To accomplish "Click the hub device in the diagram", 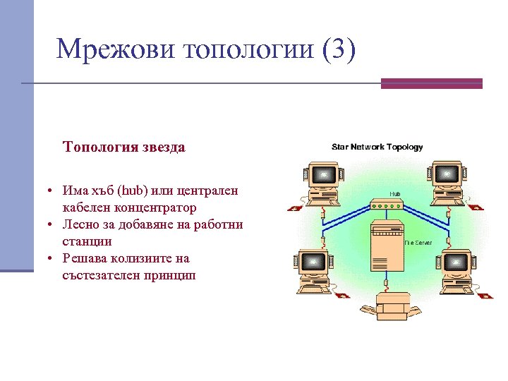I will [x=386, y=205].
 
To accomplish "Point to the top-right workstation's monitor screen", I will [x=445, y=172].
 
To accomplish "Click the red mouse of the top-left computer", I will [x=294, y=207].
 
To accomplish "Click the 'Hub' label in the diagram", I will [x=395, y=193].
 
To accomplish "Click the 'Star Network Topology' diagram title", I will [x=377, y=147].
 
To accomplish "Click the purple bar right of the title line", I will [x=431, y=83].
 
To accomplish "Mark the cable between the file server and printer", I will [x=387, y=280].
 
